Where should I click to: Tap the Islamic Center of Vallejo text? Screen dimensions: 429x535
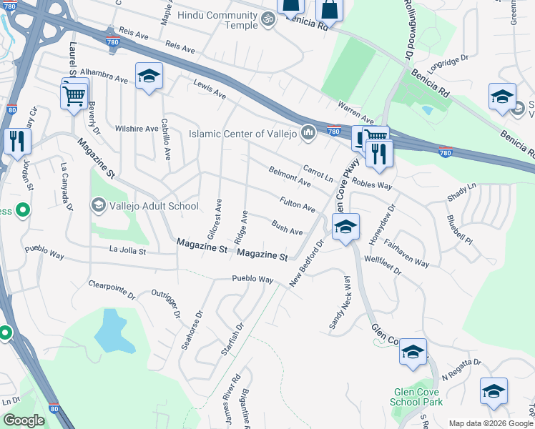[243, 133]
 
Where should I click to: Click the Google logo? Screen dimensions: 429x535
[24, 420]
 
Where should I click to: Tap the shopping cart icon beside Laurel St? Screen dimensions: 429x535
[75, 96]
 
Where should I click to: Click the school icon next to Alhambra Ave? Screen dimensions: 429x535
[148, 77]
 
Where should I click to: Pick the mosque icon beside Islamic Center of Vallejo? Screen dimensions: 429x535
[308, 132]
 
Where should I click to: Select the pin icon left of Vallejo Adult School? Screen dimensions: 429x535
[98, 206]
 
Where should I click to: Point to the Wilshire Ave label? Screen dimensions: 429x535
[136, 129]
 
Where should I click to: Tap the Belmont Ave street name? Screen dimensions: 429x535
[289, 177]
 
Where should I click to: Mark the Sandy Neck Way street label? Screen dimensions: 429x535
[340, 302]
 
